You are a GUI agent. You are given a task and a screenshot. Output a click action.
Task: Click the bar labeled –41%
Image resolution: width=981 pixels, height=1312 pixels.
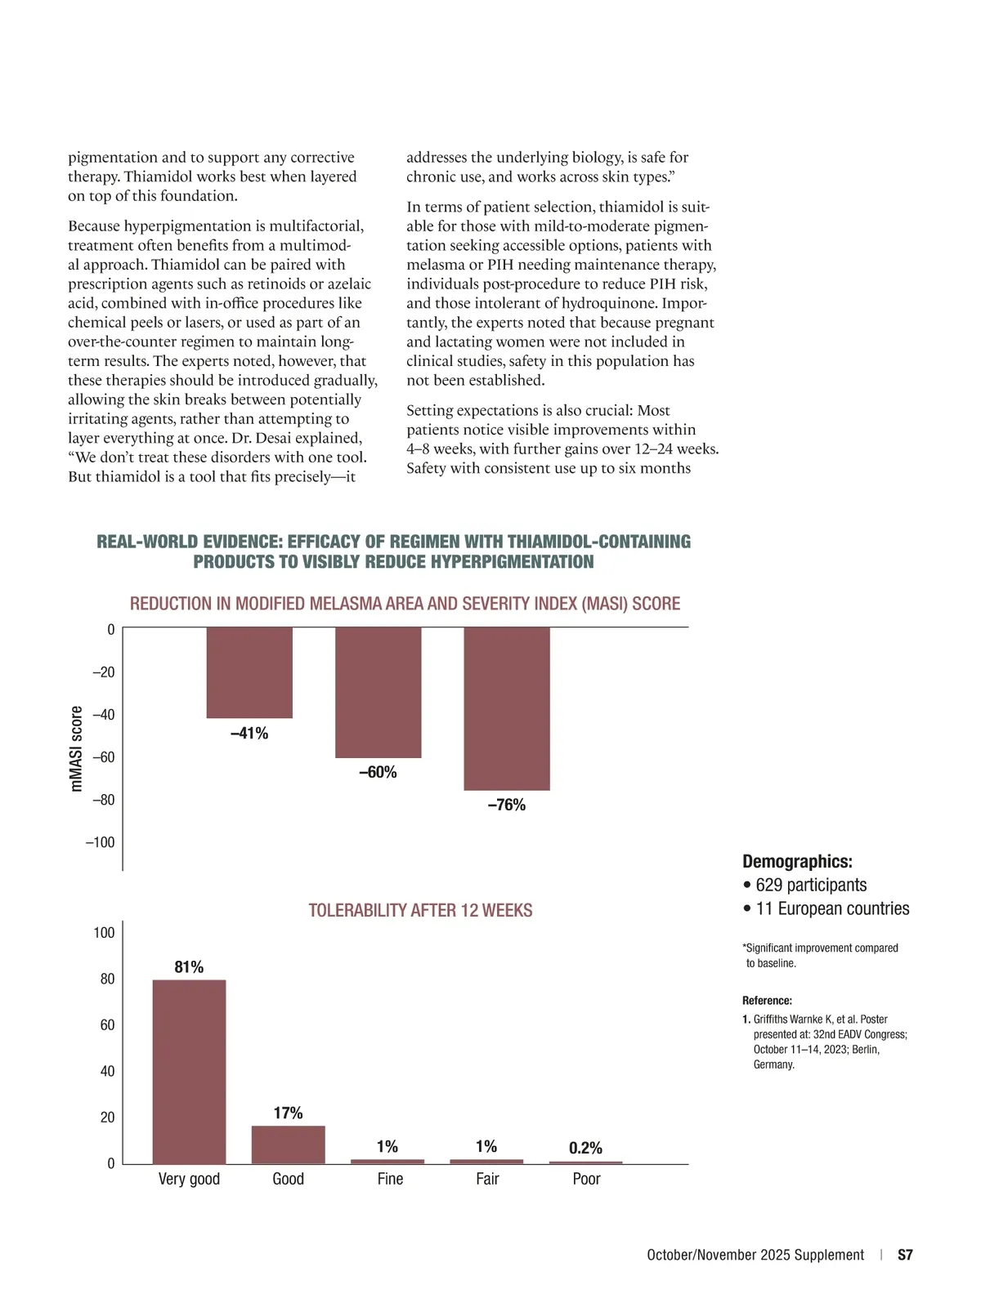[249, 672]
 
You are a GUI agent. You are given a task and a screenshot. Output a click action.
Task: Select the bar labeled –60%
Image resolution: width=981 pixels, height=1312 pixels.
[379, 692]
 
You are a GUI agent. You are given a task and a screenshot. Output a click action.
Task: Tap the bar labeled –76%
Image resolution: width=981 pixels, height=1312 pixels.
[507, 708]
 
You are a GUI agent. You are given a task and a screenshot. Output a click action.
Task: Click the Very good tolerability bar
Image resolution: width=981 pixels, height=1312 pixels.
[189, 1071]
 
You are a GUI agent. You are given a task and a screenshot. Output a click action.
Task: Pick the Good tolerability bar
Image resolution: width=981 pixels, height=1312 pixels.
[288, 1145]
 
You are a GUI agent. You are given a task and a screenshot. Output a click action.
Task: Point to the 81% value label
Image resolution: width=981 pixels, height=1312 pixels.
[189, 967]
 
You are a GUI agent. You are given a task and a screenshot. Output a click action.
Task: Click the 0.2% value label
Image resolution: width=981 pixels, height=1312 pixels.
[585, 1148]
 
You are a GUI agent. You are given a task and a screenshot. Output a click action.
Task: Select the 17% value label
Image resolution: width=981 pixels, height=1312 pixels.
[288, 1113]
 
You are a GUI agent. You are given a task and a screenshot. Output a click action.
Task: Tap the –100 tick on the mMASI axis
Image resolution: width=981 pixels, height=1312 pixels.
[101, 842]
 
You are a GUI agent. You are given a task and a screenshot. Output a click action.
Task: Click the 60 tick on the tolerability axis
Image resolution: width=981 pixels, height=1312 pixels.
[107, 1025]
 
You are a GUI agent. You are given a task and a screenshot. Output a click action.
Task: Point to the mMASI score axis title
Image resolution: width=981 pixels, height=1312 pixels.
[77, 748]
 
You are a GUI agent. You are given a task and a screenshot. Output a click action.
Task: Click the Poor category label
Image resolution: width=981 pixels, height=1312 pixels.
[586, 1179]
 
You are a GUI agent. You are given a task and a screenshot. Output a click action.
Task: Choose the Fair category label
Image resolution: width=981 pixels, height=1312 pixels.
[487, 1179]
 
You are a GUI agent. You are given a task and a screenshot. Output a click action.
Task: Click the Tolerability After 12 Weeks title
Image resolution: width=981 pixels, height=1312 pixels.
[420, 910]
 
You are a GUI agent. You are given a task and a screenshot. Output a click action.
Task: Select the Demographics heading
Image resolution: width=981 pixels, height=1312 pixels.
[797, 861]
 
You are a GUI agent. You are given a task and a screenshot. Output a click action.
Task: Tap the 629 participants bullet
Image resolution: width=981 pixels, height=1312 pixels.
[805, 885]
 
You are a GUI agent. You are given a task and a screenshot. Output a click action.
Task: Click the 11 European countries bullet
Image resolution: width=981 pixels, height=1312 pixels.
[826, 908]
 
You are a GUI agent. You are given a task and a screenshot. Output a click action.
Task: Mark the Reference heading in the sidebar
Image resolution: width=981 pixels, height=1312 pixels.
[767, 1001]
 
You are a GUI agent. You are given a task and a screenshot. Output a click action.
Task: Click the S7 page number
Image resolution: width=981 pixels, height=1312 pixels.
[905, 1255]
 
